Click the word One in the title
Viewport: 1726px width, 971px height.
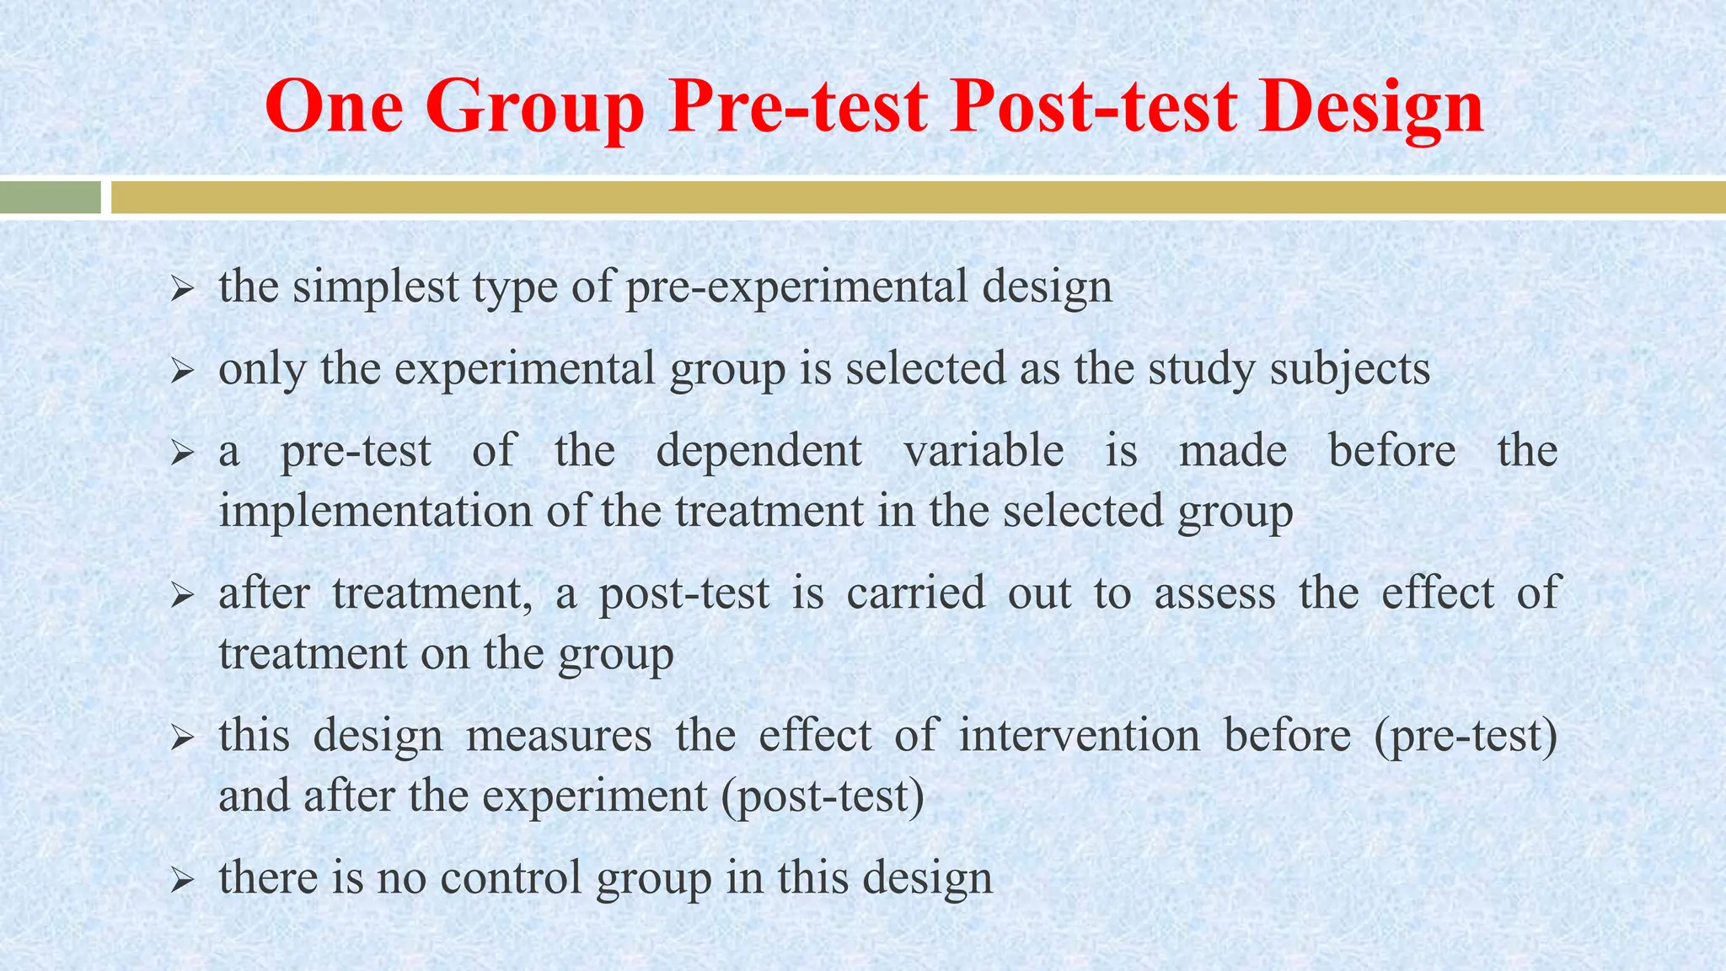click(334, 107)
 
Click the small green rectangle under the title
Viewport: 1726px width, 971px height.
click(51, 197)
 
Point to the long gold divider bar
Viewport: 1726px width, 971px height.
click(919, 197)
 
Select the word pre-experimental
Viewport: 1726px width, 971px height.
click(796, 287)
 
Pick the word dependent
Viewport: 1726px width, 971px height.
click(758, 451)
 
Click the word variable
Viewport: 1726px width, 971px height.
click(984, 451)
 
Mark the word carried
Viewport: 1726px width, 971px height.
click(915, 593)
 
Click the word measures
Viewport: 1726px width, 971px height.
click(559, 735)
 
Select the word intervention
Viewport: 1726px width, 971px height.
click(1080, 735)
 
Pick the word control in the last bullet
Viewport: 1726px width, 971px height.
click(511, 877)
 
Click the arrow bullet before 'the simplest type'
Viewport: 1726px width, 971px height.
click(182, 291)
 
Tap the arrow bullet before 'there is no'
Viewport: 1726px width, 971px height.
click(182, 882)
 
